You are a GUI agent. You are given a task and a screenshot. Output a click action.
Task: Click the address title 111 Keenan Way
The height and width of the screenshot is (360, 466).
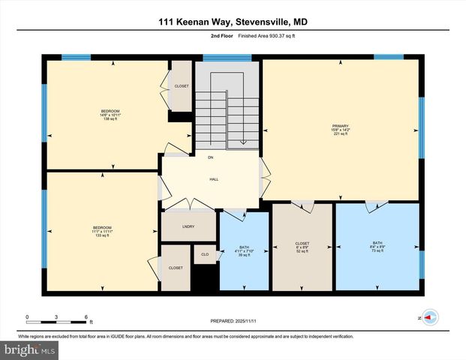click(x=233, y=22)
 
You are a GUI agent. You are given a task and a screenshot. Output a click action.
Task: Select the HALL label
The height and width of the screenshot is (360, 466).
click(x=212, y=180)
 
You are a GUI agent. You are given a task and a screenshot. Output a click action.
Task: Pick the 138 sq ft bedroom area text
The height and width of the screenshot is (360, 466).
click(x=110, y=120)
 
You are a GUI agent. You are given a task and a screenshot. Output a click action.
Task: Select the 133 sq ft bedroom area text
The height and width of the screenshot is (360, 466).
click(x=102, y=236)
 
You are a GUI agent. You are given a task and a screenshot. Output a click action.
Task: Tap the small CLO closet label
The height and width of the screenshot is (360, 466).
click(x=205, y=255)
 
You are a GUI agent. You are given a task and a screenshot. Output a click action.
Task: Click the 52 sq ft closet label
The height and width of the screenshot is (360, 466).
click(x=302, y=252)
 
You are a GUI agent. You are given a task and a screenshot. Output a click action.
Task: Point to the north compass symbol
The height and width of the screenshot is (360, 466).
click(x=429, y=317)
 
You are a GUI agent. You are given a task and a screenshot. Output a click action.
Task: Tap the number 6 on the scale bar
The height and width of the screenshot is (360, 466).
click(x=87, y=317)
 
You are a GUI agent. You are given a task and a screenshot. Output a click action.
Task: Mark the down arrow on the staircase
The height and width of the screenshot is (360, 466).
click(x=242, y=140)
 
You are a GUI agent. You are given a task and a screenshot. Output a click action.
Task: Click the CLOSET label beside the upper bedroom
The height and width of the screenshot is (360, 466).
click(x=182, y=86)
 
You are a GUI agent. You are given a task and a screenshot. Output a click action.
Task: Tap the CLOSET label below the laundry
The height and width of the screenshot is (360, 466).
click(x=176, y=268)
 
